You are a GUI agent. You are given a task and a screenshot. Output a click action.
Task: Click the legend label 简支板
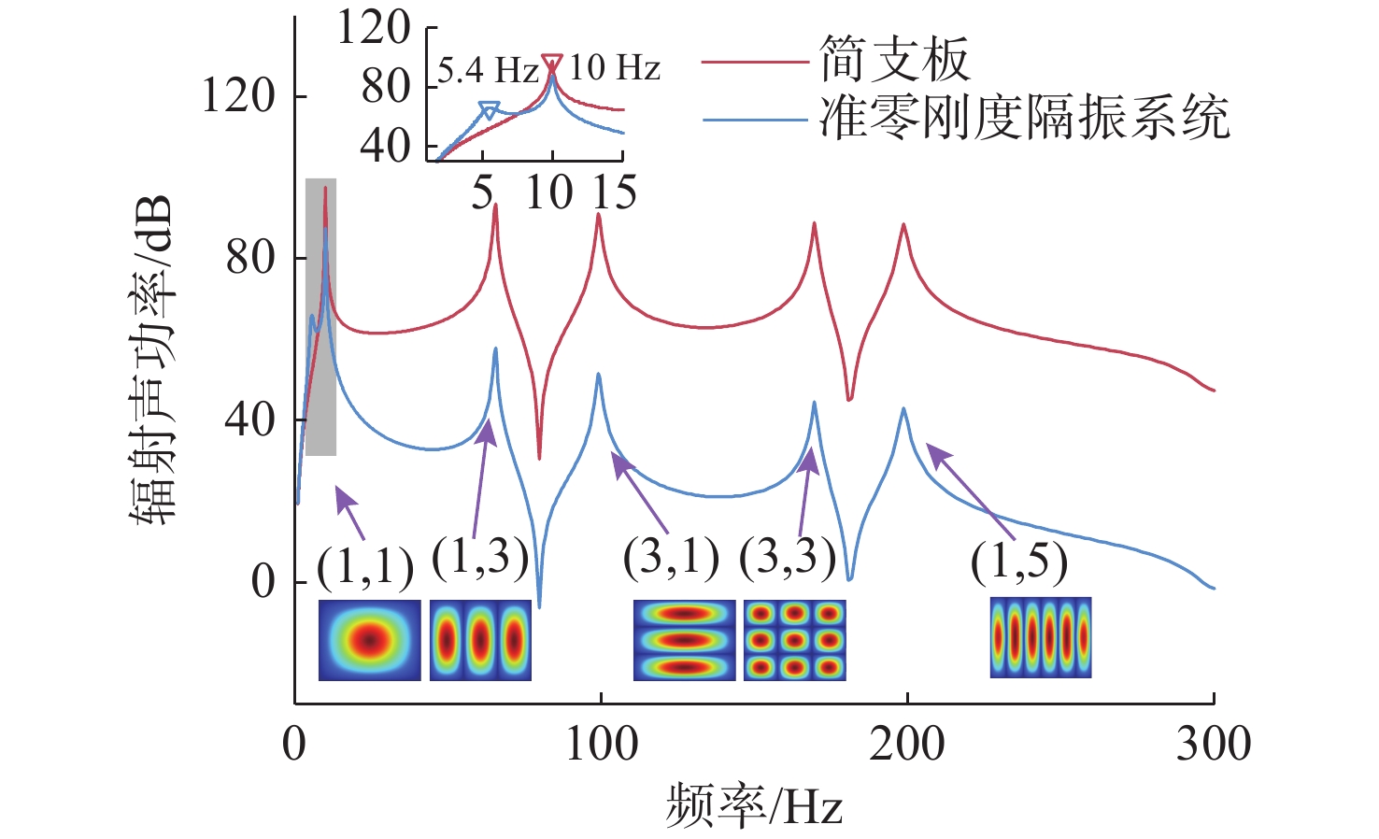(x=894, y=61)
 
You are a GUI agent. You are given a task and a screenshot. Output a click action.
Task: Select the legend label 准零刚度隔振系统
(x=1024, y=120)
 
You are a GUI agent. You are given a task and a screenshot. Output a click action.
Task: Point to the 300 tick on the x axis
(x=1213, y=745)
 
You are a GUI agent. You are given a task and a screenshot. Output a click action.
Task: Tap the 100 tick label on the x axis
(x=601, y=745)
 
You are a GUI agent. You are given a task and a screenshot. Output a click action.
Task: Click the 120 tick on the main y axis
(x=238, y=95)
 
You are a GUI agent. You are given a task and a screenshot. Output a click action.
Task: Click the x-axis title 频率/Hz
(x=754, y=806)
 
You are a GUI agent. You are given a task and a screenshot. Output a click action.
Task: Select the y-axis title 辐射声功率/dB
(x=153, y=360)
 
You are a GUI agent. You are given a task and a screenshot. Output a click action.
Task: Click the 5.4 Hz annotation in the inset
(x=488, y=69)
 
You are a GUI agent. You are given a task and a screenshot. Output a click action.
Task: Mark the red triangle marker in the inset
(x=552, y=64)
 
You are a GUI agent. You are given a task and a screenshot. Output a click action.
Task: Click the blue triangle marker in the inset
(x=489, y=111)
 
